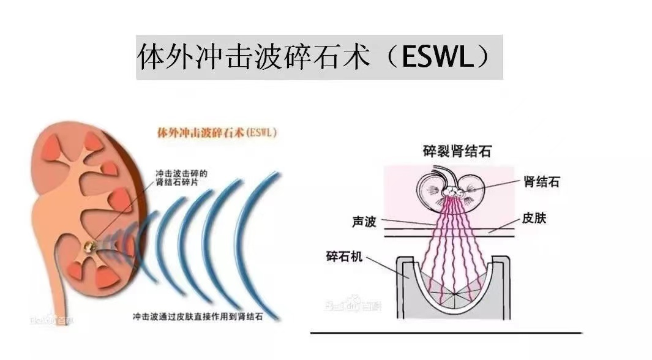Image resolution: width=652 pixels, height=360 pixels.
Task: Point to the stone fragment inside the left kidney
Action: (90, 245)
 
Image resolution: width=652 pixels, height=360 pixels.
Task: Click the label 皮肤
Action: (534, 218)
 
